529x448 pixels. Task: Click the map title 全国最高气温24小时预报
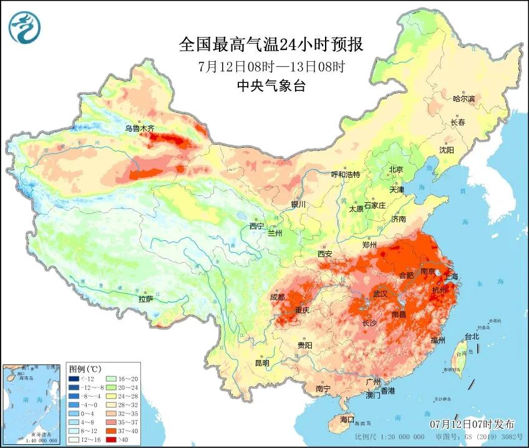pyautogui.click(x=271, y=44)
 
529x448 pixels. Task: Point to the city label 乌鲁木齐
pyautogui.click(x=138, y=129)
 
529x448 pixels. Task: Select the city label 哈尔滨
pyautogui.click(x=463, y=99)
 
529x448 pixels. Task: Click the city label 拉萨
pyautogui.click(x=145, y=299)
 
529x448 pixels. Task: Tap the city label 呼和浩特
pyautogui.click(x=345, y=175)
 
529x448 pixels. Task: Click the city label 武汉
pyautogui.click(x=380, y=293)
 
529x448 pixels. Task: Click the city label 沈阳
pyautogui.click(x=447, y=150)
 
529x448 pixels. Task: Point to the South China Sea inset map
pyautogui.click(x=32, y=404)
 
